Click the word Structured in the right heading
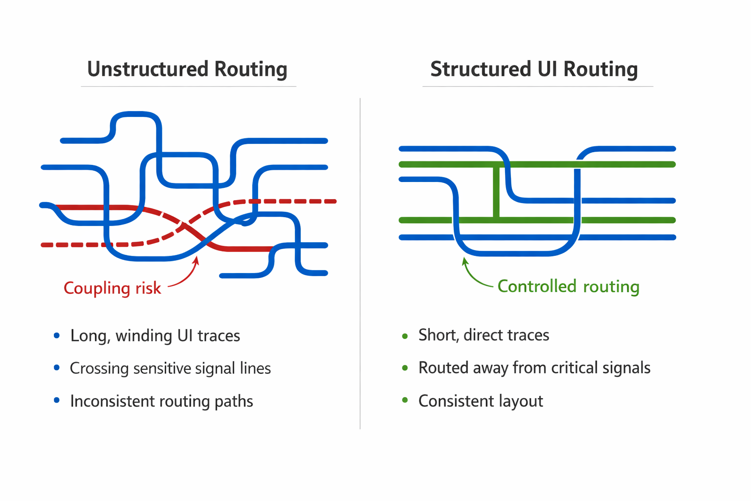click(x=480, y=69)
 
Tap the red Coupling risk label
click(x=112, y=288)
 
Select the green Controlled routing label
click(x=568, y=286)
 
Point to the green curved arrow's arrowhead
click(x=464, y=261)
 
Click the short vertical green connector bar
click(x=496, y=192)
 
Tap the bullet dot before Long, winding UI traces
click(x=57, y=336)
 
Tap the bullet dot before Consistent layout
click(x=405, y=401)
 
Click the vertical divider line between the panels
click(x=360, y=264)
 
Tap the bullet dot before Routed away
click(x=405, y=368)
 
